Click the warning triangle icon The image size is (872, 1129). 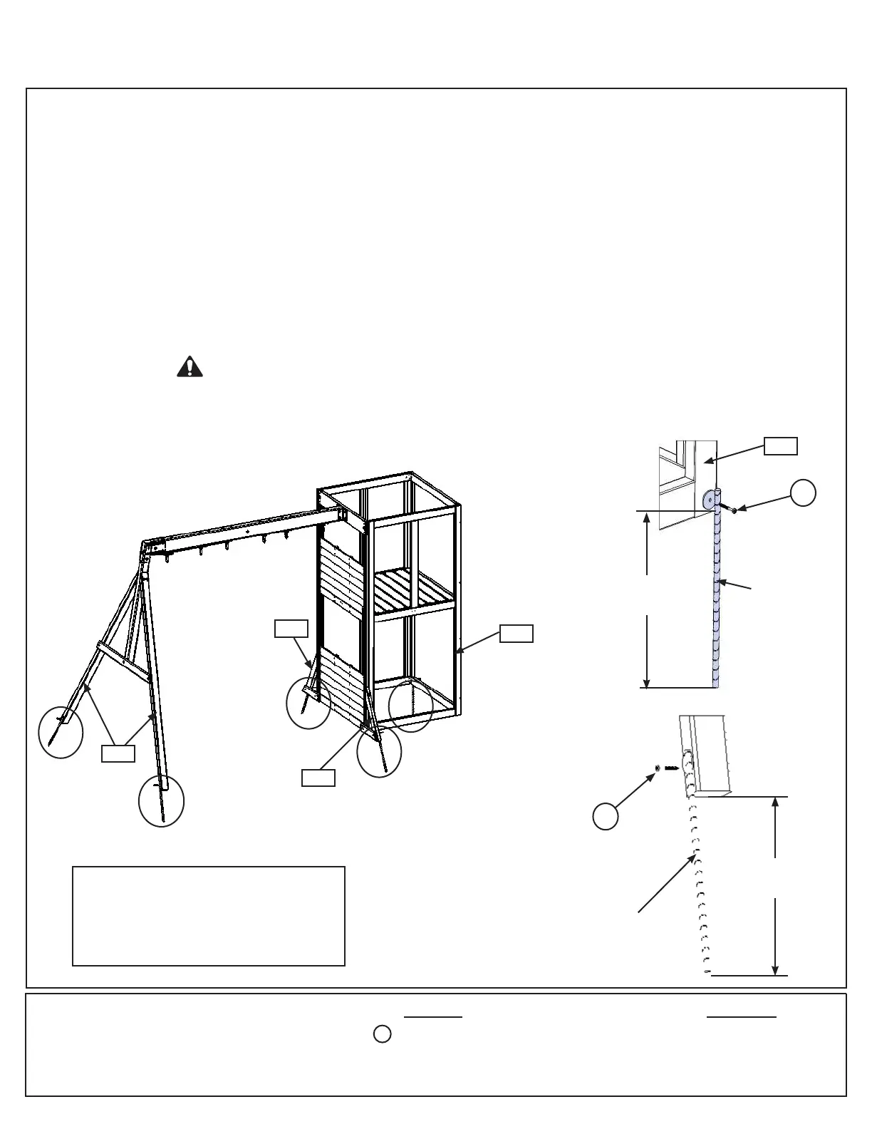(190, 366)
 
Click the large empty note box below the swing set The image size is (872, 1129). (209, 916)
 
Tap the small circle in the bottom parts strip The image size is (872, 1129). (383, 1034)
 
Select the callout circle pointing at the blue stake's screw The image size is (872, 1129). (803, 493)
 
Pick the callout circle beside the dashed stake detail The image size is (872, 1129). (606, 816)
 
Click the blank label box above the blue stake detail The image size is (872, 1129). (780, 446)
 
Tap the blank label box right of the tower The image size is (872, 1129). (516, 633)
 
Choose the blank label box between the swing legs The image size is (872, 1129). (118, 753)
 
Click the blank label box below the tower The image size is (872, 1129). (318, 778)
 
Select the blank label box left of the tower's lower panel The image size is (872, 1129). (291, 629)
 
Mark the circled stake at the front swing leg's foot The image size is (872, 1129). (162, 801)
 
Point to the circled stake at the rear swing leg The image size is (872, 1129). (61, 733)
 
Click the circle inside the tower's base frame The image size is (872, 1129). (411, 706)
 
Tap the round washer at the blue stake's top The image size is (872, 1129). (709, 500)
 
